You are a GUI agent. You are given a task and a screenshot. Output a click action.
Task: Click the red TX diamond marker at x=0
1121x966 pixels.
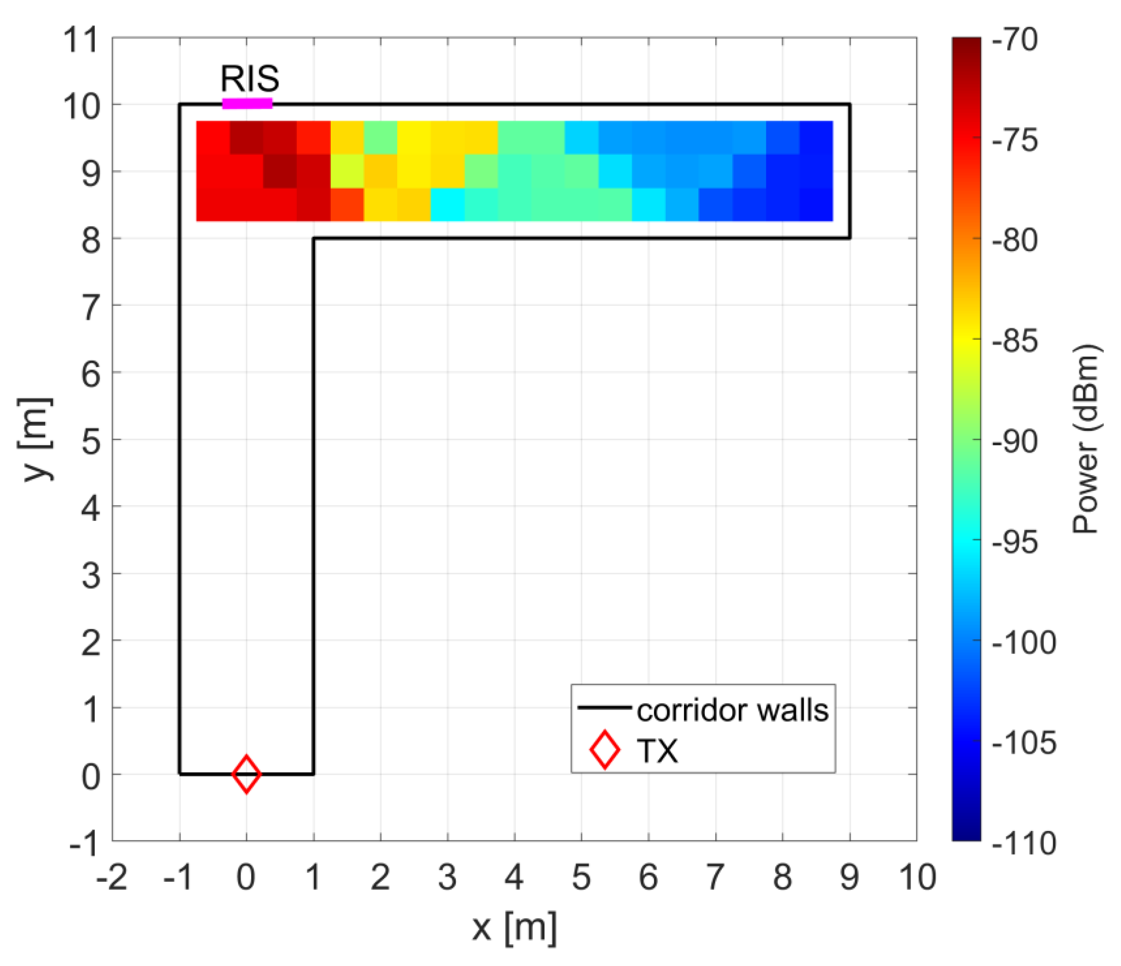click(x=246, y=775)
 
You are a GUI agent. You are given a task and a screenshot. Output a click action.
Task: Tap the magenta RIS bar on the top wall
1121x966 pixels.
click(x=247, y=103)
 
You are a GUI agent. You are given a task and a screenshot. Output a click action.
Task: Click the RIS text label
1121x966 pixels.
click(x=250, y=79)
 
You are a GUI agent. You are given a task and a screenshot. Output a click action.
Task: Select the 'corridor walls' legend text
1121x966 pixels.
click(x=732, y=710)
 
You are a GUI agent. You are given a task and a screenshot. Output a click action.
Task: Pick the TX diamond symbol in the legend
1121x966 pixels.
click(x=604, y=750)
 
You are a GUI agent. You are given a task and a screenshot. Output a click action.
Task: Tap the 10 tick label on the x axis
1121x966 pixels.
click(x=917, y=877)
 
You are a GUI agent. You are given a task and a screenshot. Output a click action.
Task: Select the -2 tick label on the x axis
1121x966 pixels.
click(x=112, y=877)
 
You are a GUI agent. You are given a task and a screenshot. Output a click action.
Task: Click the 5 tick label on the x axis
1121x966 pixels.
click(x=581, y=877)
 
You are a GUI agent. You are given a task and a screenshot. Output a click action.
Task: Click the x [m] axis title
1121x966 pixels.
click(x=514, y=929)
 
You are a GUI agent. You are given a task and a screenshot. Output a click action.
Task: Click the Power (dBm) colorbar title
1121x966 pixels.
click(x=1086, y=439)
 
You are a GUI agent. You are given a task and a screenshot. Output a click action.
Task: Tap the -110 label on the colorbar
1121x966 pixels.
click(x=1024, y=843)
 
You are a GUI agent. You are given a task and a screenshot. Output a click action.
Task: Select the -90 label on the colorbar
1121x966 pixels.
click(x=1015, y=441)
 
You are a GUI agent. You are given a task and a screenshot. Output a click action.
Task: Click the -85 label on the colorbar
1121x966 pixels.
click(x=1015, y=341)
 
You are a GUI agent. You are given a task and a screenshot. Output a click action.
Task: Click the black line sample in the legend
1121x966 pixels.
click(x=604, y=707)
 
